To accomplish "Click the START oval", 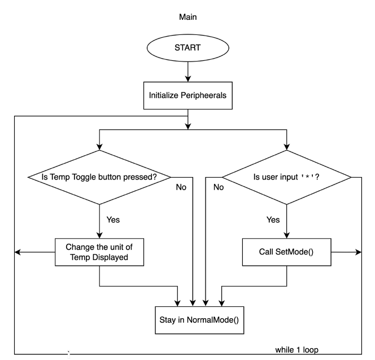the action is coord(187,48).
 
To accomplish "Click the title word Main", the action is coord(187,17).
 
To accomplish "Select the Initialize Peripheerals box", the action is coord(187,95).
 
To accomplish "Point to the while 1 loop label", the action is coord(297,350).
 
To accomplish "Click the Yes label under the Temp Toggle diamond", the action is coord(113,219).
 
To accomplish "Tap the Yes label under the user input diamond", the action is coord(273,219).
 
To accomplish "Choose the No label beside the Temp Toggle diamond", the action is coord(181,187).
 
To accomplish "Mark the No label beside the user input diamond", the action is coord(219,187).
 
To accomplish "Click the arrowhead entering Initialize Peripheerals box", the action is coord(188,79).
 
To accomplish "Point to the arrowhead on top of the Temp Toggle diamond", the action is coord(99,147).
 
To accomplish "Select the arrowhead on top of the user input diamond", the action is coord(286,147).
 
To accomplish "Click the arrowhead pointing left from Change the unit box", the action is coord(18,252).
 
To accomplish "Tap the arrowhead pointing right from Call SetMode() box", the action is coord(359,252).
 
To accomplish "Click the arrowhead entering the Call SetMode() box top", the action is coord(286,235).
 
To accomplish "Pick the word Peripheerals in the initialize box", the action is coord(203,95).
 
